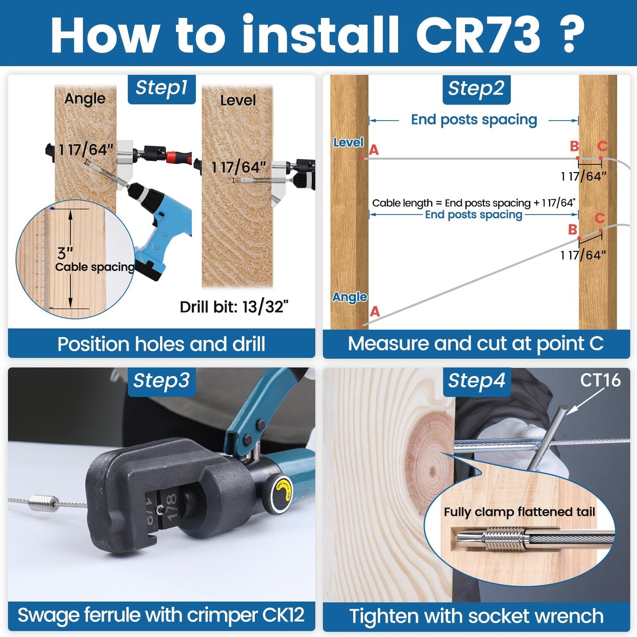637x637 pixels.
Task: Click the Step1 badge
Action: click(x=162, y=89)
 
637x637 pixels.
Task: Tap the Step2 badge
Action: click(x=476, y=90)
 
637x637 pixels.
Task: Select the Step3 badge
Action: click(x=162, y=381)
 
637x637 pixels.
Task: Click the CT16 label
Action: click(x=600, y=380)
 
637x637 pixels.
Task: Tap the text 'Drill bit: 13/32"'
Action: click(x=234, y=307)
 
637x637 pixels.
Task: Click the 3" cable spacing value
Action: click(x=65, y=254)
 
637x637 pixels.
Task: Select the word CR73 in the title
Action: click(x=478, y=35)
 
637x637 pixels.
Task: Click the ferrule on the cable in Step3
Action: click(x=44, y=504)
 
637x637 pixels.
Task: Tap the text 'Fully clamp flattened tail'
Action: click(x=519, y=512)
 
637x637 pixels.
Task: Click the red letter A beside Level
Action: click(x=374, y=150)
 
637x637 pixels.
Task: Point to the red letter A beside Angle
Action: click(x=375, y=312)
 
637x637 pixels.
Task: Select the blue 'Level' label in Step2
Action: click(x=348, y=143)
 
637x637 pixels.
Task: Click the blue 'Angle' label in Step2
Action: click(x=350, y=297)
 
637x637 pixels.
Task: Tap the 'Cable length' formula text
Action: click(x=474, y=203)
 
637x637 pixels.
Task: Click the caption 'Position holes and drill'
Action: click(x=161, y=344)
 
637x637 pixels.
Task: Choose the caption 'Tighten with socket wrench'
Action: click(x=476, y=616)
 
